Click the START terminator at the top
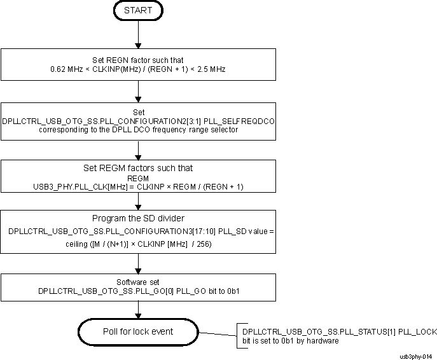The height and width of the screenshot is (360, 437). click(138, 11)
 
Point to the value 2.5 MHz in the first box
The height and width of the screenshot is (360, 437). click(211, 69)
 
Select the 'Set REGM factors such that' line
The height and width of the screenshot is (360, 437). click(138, 169)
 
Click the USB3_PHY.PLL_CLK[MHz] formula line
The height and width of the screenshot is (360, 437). click(138, 186)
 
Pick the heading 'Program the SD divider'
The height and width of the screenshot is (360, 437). click(138, 218)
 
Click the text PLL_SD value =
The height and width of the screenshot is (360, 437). click(244, 232)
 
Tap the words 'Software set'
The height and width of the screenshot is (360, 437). click(138, 281)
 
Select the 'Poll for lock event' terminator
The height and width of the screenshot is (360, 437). click(138, 331)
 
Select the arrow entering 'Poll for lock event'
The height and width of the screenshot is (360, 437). click(138, 310)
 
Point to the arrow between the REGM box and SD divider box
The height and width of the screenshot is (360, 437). click(138, 201)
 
